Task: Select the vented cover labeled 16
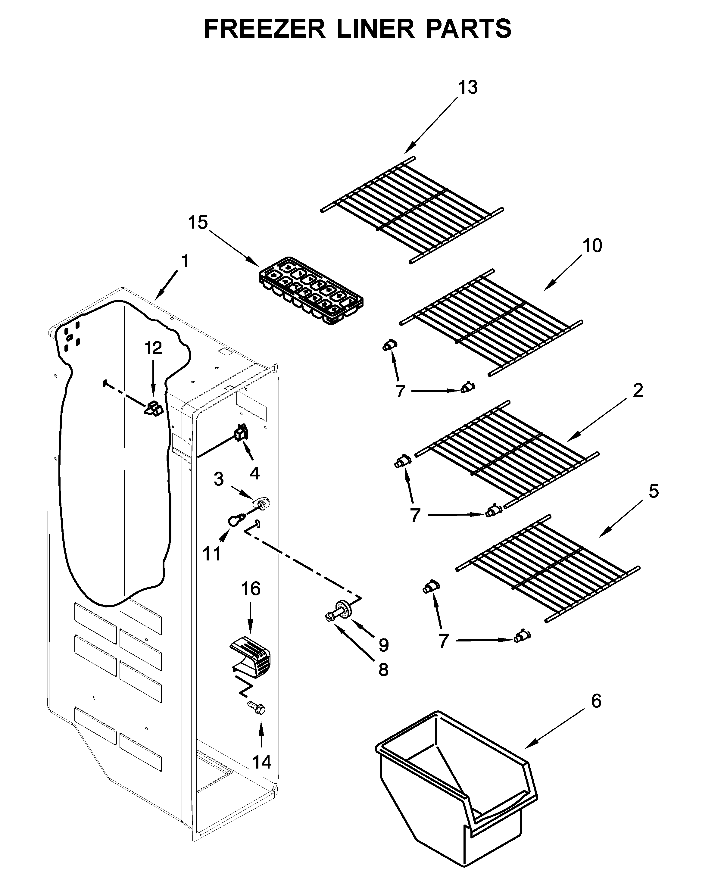[251, 659]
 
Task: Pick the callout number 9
[383, 645]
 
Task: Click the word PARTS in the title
[469, 29]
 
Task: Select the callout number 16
[251, 589]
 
